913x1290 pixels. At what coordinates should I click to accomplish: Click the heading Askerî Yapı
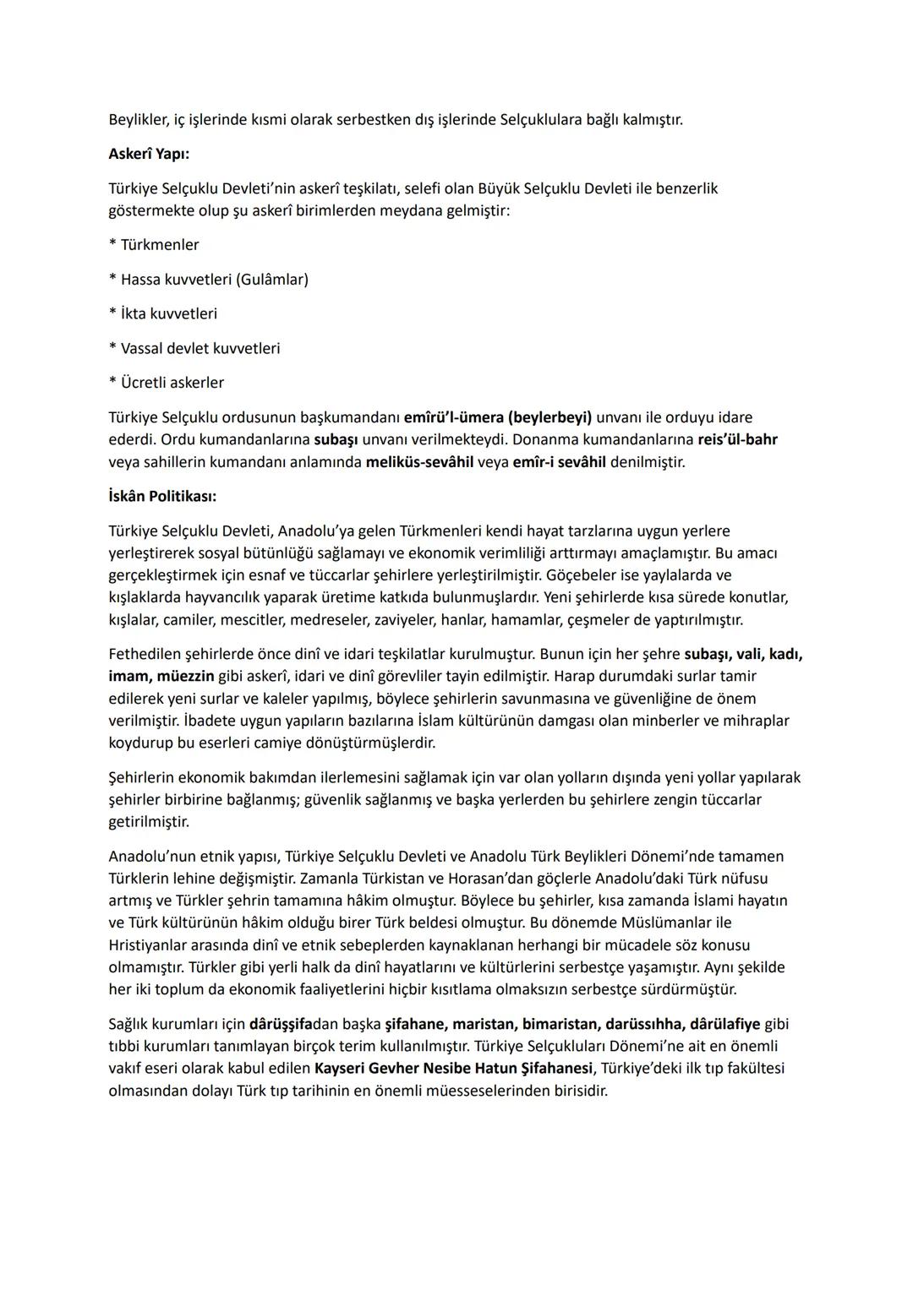149,154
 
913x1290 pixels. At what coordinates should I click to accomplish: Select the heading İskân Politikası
162,496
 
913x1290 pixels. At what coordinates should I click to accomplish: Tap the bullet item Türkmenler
159,245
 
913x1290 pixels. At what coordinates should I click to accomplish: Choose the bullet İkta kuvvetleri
168,313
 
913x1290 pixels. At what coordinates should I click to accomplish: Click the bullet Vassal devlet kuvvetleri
200,348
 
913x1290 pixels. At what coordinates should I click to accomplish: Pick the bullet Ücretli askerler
172,383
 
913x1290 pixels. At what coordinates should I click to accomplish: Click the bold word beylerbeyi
550,417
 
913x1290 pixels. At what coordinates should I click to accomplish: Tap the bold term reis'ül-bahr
737,439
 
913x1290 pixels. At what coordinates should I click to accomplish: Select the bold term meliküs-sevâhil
419,462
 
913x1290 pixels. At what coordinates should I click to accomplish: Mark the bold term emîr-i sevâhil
559,462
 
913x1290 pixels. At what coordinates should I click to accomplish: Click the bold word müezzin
183,676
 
